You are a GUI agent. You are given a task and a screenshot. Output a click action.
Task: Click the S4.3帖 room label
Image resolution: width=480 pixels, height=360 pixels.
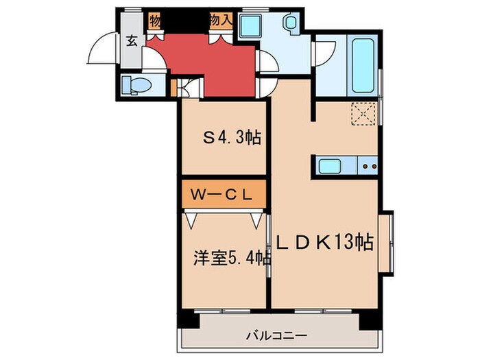click(230, 137)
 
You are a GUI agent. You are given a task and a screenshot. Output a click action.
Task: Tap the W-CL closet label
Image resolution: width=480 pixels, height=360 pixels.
click(224, 195)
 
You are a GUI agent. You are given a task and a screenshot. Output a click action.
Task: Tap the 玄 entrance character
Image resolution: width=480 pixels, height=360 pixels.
click(131, 39)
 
